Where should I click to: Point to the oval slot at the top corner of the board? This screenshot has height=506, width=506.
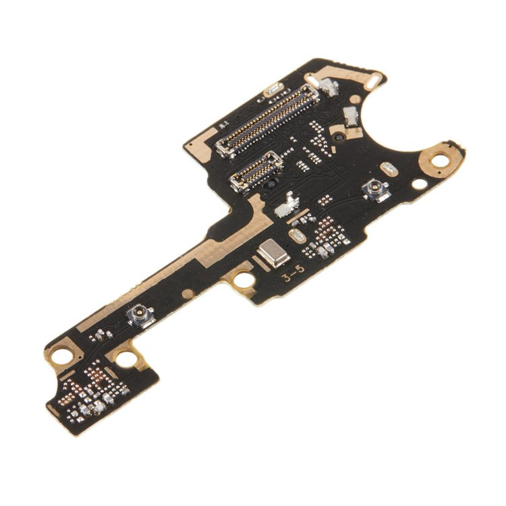[x=372, y=80]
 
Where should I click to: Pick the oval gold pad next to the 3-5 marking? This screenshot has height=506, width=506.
[x=296, y=235]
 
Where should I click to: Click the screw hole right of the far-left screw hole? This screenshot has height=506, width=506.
[x=126, y=359]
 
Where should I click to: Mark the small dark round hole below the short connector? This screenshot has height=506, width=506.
[x=271, y=184]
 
